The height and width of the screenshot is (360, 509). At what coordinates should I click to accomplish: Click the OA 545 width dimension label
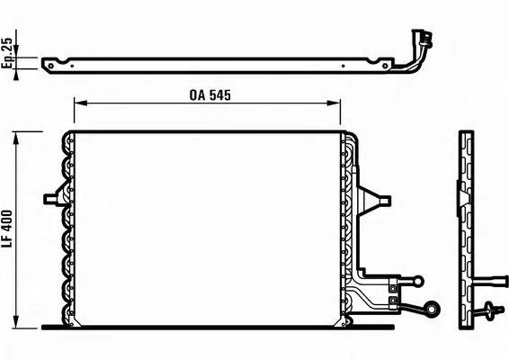pos(210,94)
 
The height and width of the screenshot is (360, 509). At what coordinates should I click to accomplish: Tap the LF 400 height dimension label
pos(7,229)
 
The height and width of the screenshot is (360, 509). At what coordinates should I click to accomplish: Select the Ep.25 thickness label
pos(7,52)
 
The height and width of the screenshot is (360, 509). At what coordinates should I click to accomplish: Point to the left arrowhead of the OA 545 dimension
pos(81,103)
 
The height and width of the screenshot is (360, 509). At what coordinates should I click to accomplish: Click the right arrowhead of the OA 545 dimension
pos(334,103)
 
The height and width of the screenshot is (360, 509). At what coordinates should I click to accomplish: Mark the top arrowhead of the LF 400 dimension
pos(15,139)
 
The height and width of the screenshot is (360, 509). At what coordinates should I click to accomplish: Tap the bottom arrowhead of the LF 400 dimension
pos(15,321)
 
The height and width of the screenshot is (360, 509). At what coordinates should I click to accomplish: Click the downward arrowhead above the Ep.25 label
pos(15,51)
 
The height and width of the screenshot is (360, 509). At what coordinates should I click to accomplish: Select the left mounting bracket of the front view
pos(55,197)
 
